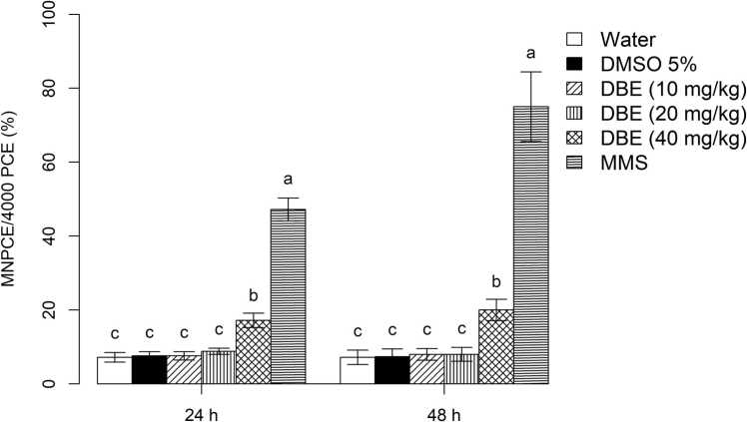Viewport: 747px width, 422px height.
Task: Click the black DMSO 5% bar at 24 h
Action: tap(149, 369)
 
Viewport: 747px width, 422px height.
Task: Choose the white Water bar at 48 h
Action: tap(358, 370)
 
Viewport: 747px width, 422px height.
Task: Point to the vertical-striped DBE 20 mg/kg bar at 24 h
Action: tap(219, 367)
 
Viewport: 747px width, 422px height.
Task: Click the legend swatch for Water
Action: tap(575, 40)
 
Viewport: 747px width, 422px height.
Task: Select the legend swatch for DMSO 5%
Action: tap(575, 63)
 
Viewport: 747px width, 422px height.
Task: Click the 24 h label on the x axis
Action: tap(202, 407)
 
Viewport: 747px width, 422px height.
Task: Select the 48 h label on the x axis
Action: tap(444, 407)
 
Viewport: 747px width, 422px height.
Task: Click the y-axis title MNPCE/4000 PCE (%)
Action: tap(12, 200)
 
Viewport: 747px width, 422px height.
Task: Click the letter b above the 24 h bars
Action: tap(254, 296)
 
